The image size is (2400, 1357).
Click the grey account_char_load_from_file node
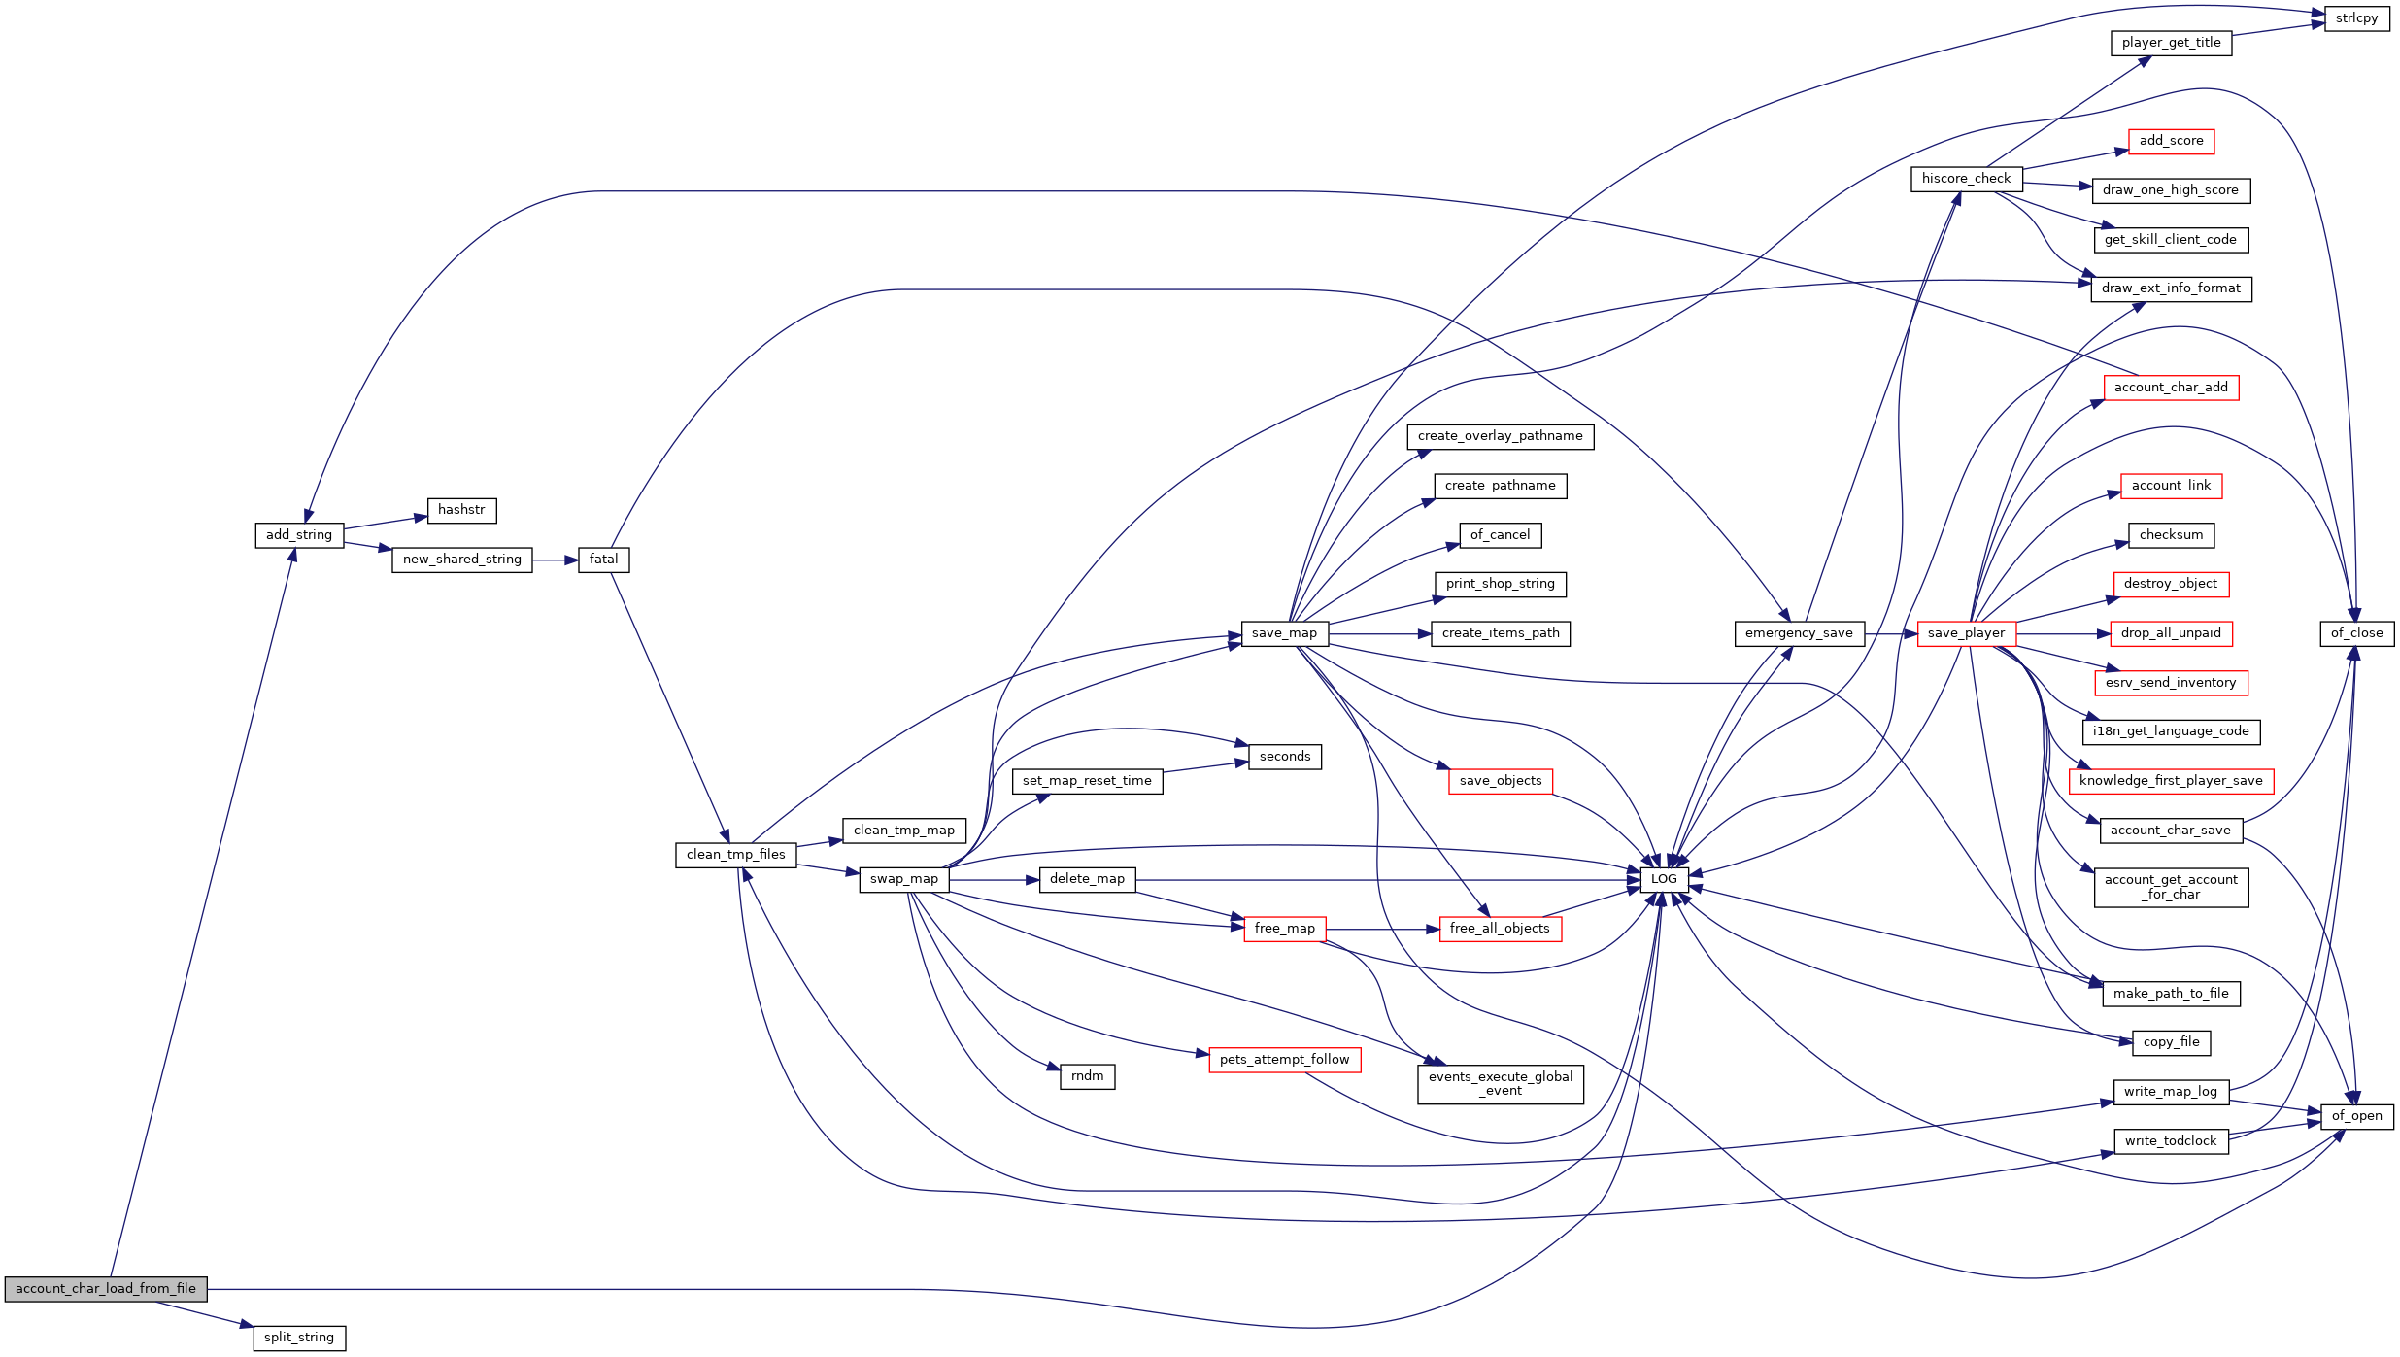click(x=106, y=1289)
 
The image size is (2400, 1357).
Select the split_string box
click(x=299, y=1338)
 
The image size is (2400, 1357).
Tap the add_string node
click(x=299, y=535)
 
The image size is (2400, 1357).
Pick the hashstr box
click(x=461, y=510)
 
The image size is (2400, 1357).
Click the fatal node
click(x=603, y=560)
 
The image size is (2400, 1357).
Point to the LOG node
click(x=1664, y=879)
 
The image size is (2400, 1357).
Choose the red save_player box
click(x=1966, y=633)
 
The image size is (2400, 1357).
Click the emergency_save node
click(x=1799, y=633)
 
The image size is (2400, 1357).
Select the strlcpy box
click(x=2356, y=18)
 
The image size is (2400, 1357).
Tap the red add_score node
click(x=2171, y=141)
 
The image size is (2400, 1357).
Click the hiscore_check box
click(x=1966, y=179)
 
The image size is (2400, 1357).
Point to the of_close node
click(x=2356, y=633)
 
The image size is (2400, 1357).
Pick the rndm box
click(x=1087, y=1076)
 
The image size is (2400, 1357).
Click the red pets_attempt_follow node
click(x=1284, y=1060)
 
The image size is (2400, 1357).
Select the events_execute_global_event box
click(x=1501, y=1084)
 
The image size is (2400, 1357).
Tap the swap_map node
click(x=904, y=879)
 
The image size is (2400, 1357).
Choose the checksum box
click(x=2171, y=535)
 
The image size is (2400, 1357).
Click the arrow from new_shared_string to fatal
click(x=556, y=560)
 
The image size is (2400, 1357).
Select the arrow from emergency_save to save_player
click(x=1891, y=633)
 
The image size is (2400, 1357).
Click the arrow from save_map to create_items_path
click(x=1380, y=633)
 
